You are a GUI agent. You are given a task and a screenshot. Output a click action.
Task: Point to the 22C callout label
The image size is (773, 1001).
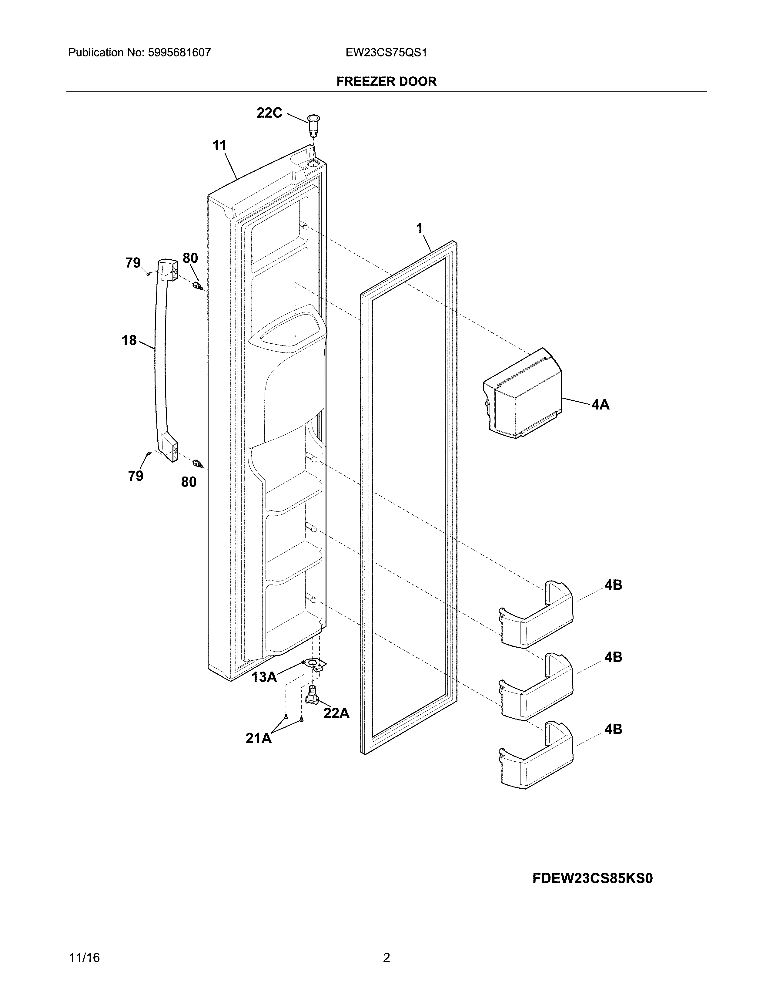click(269, 113)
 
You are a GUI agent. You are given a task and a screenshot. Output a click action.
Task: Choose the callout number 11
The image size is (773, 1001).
click(219, 146)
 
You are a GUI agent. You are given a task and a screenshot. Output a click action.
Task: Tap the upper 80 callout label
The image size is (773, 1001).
click(190, 258)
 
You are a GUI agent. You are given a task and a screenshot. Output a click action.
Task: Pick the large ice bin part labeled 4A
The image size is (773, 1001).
click(522, 393)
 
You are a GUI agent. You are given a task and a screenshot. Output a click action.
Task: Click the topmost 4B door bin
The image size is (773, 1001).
click(536, 614)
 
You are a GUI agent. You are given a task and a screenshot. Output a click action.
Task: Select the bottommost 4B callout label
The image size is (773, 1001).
click(613, 729)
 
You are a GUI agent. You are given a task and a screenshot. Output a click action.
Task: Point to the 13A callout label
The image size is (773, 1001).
click(264, 677)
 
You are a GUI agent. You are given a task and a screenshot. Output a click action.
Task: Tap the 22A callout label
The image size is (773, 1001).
click(336, 713)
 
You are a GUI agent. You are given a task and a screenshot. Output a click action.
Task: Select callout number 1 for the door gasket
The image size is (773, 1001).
click(419, 228)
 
